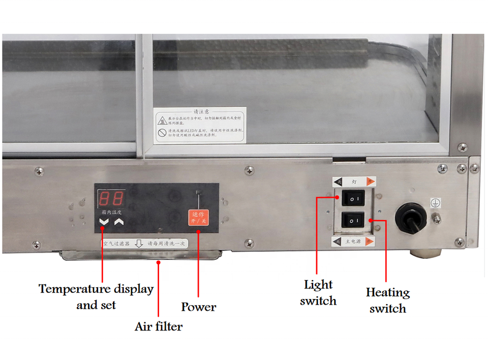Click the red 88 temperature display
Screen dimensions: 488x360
point(111,198)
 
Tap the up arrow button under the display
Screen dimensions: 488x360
point(119,222)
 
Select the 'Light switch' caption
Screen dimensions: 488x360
point(318,292)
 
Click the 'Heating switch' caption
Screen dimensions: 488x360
point(388,300)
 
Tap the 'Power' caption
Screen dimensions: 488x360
point(199,307)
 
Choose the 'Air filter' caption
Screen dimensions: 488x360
point(159,326)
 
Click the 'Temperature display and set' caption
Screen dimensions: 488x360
point(96,296)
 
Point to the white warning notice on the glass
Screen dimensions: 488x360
point(200,125)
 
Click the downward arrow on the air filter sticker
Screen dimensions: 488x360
point(137,244)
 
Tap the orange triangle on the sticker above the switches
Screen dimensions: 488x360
point(371,181)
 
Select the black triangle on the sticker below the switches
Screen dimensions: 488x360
point(337,242)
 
